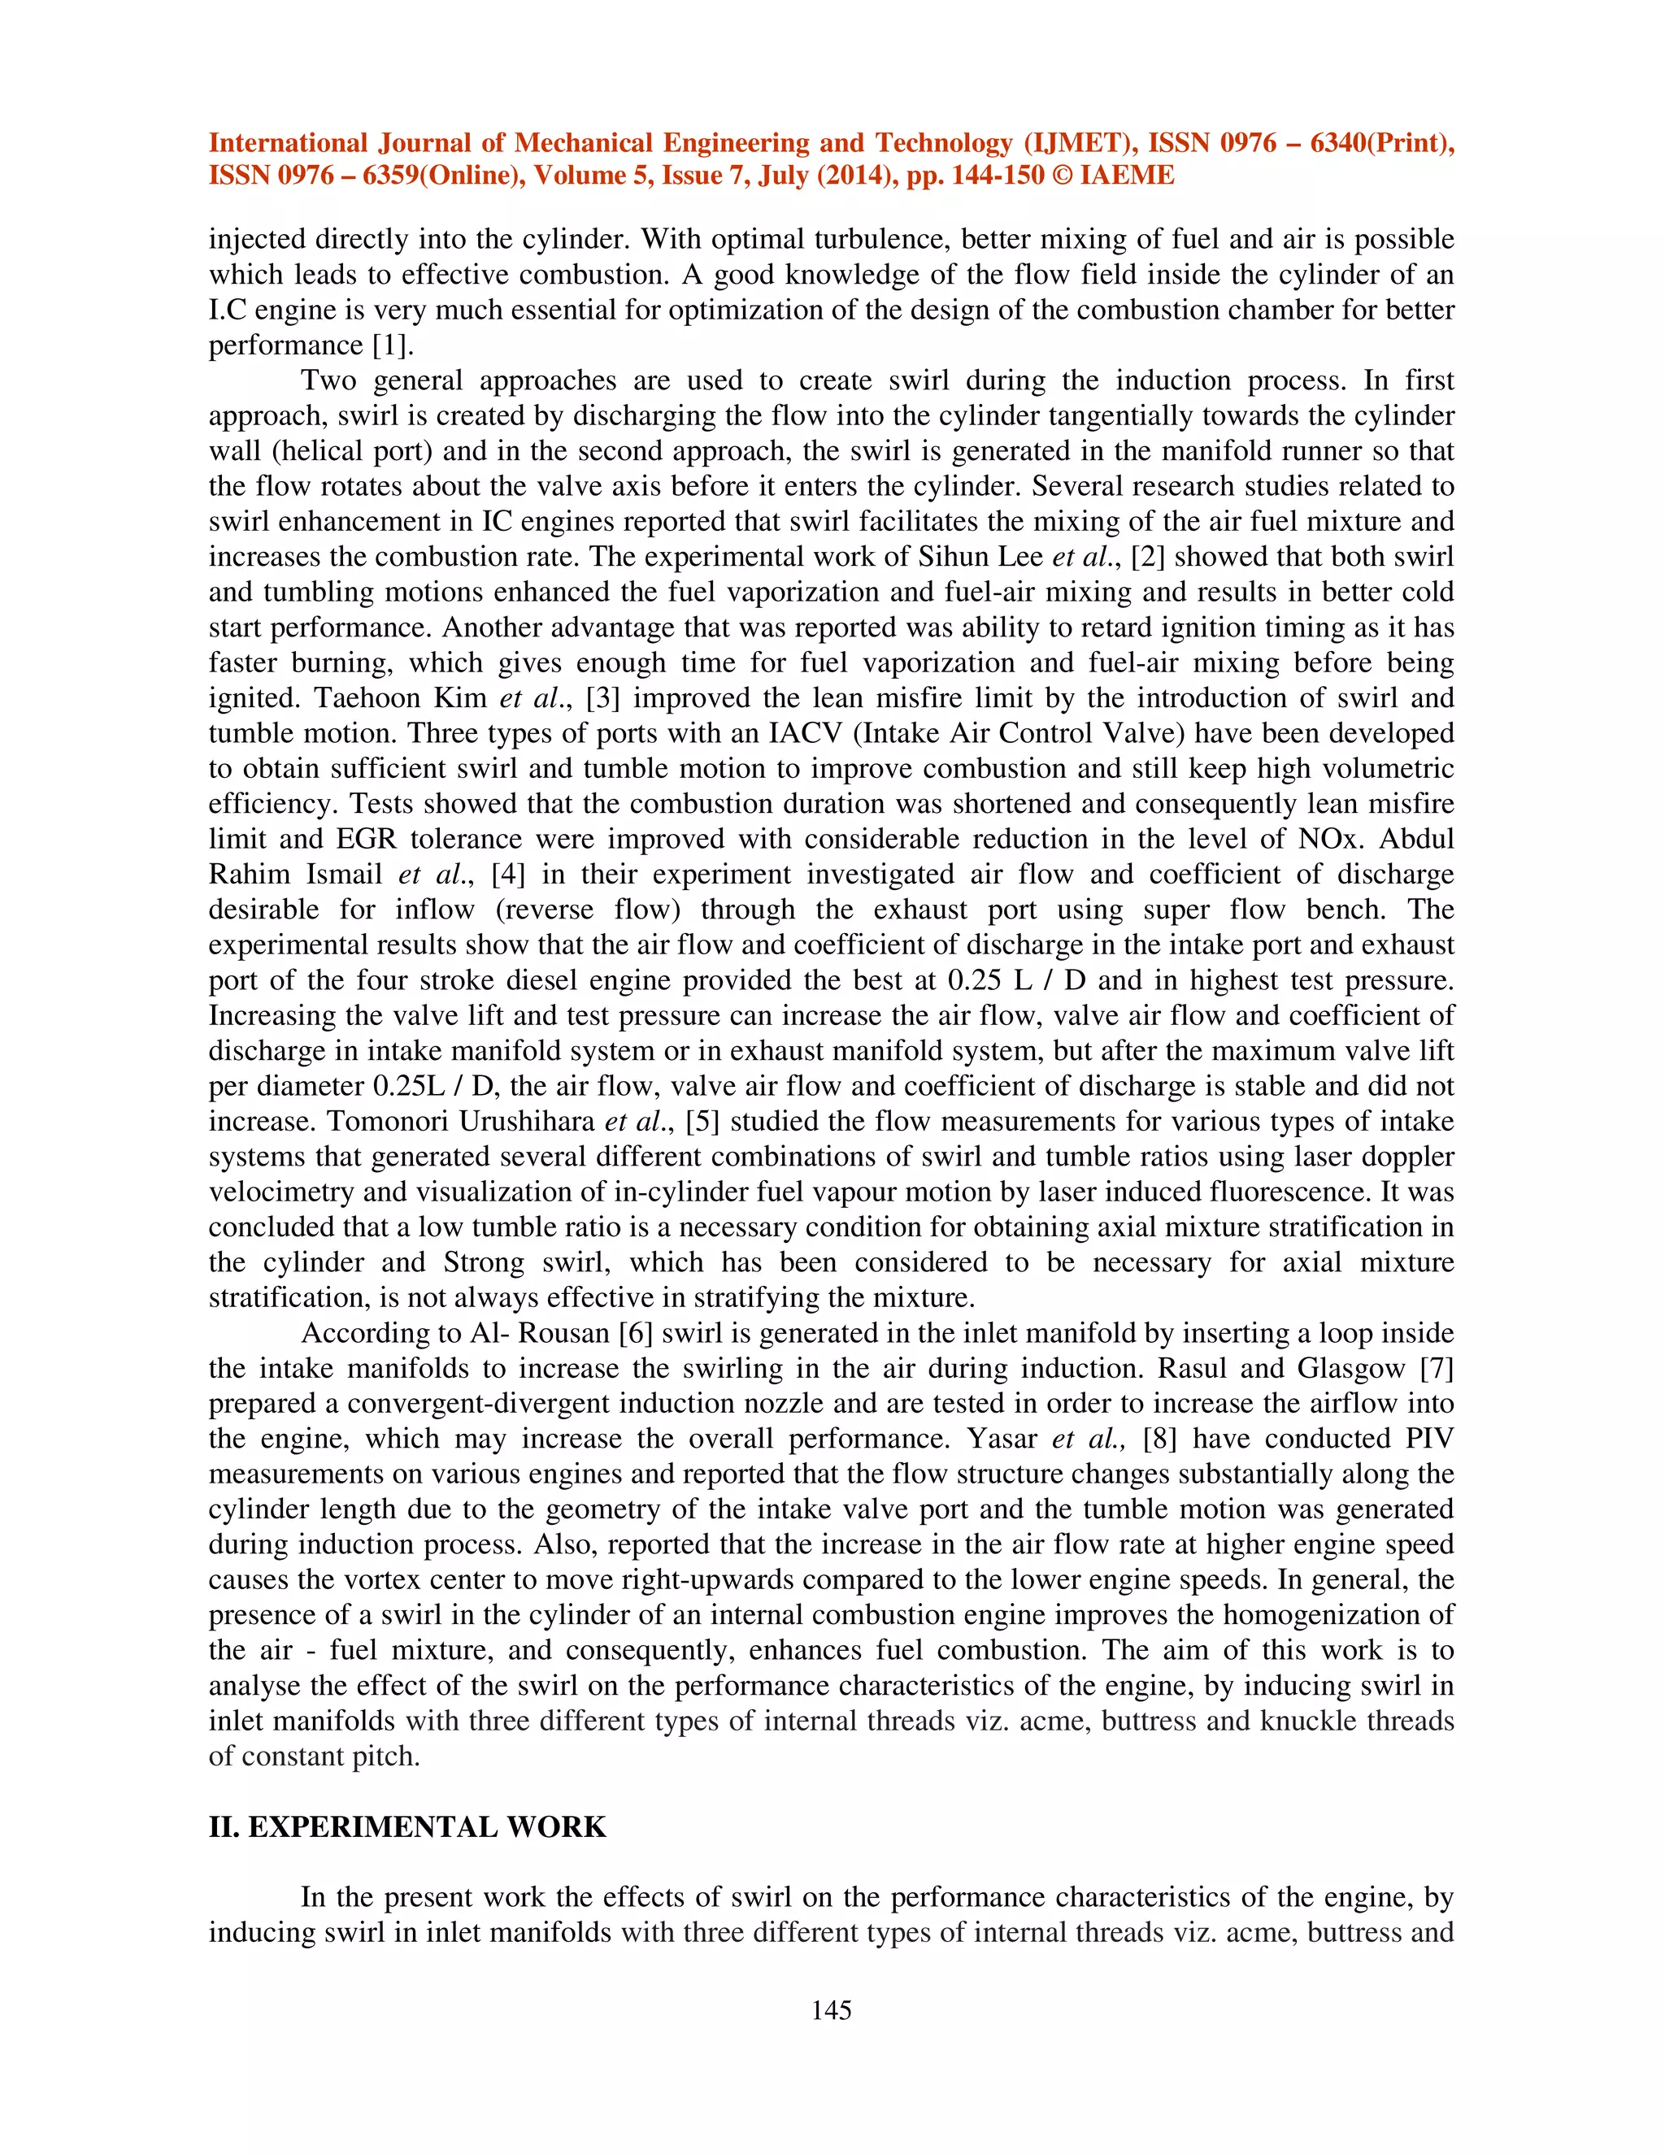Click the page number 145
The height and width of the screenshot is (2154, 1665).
pyautogui.click(x=831, y=2010)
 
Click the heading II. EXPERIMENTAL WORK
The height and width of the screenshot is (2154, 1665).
pyautogui.click(x=407, y=1826)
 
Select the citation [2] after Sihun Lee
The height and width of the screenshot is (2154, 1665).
pyautogui.click(x=1148, y=558)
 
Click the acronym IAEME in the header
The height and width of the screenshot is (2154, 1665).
pyautogui.click(x=1128, y=176)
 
